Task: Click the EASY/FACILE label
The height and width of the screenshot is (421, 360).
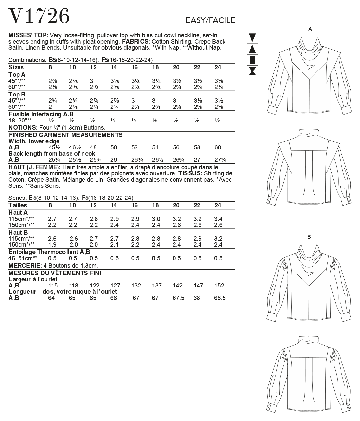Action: (210, 20)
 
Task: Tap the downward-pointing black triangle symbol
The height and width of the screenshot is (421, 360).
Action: (252, 38)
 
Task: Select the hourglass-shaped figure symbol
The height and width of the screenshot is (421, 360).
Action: (252, 71)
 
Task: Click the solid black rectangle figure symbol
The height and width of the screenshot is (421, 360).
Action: (252, 60)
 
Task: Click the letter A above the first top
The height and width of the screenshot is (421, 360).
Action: (310, 29)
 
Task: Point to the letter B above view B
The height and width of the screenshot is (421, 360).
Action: (309, 237)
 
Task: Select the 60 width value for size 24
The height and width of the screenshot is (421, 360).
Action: (218, 147)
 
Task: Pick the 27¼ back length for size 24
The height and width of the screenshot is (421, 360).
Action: (220, 160)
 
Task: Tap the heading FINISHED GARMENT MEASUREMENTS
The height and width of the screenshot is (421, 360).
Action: (66, 135)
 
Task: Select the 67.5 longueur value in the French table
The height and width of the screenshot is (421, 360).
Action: (178, 298)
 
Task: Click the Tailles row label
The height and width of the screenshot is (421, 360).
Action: (18, 205)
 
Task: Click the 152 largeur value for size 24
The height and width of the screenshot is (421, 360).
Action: (219, 286)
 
